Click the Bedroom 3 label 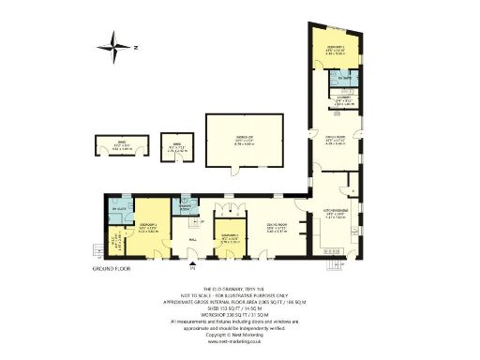click(228, 235)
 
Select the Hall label click(191, 238)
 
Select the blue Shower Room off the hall click(186, 207)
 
